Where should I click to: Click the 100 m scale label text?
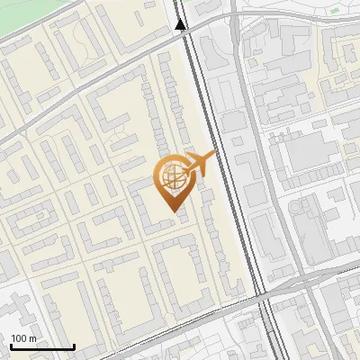point(23,338)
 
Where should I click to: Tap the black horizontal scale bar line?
point(42,347)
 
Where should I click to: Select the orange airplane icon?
point(200,163)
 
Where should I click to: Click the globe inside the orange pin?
point(171,178)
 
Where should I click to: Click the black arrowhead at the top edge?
point(181,25)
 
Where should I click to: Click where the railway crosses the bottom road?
point(266,294)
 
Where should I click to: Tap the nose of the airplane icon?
point(214,155)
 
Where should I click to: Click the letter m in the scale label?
point(32,338)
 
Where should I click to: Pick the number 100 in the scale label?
point(19,338)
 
